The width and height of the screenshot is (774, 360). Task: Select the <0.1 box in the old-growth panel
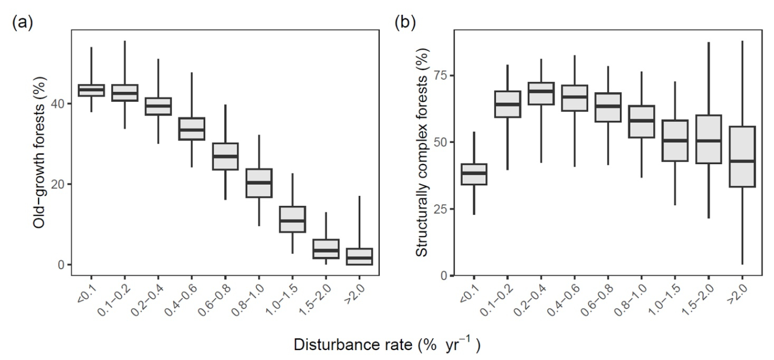91,90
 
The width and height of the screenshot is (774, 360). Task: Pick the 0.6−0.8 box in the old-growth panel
225,156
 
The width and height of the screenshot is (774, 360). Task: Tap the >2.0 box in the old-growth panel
359,257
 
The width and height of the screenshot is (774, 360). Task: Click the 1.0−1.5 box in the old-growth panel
292,219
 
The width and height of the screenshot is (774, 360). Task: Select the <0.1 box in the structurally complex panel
474,174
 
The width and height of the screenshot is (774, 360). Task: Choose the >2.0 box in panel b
742,157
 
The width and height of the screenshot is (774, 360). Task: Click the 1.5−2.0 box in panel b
708,139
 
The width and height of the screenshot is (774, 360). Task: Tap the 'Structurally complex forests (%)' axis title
422,152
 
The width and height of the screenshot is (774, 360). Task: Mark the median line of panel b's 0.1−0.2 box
508,104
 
